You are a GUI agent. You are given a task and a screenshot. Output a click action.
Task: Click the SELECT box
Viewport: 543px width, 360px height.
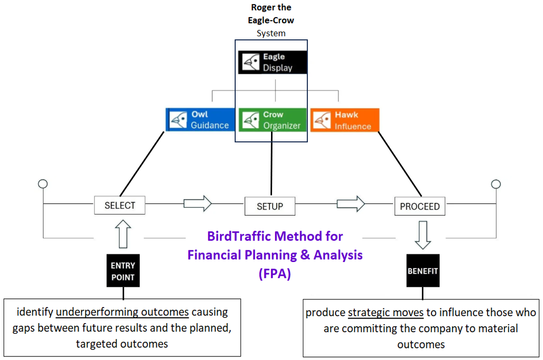coord(120,205)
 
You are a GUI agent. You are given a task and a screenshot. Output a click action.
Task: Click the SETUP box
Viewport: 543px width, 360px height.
coord(270,206)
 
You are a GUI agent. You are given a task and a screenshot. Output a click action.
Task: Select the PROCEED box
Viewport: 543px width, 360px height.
coord(419,206)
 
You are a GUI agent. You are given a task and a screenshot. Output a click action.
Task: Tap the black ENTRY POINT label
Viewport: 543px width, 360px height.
coord(123,271)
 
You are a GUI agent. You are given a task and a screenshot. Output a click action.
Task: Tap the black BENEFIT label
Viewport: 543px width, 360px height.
coord(423,271)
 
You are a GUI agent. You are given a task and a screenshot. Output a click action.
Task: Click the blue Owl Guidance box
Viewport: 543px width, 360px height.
coord(200,120)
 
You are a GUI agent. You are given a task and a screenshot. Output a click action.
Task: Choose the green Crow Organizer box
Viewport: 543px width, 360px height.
coord(273,120)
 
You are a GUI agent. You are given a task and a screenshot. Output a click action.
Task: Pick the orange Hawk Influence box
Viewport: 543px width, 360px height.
coord(345,120)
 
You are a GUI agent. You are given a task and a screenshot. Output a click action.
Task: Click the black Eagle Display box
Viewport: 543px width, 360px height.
coord(273,63)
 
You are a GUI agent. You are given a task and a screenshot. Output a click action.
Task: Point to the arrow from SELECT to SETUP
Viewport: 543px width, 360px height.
coord(197,204)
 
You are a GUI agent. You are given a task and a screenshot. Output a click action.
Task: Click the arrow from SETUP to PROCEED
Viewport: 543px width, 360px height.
coord(351,204)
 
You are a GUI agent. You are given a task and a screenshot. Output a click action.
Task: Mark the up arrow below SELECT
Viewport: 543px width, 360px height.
coord(123,233)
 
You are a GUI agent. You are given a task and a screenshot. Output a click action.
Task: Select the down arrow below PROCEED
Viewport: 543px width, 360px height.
coord(423,235)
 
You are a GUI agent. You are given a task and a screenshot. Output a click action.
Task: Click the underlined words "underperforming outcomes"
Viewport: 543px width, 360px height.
coord(122,312)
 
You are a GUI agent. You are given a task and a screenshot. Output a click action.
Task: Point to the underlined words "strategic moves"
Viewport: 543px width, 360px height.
coord(386,313)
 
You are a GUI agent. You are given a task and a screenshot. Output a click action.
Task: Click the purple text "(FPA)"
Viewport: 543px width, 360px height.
coord(275,275)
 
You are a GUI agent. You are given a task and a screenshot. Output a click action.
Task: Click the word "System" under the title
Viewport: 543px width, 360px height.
coord(271,33)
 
